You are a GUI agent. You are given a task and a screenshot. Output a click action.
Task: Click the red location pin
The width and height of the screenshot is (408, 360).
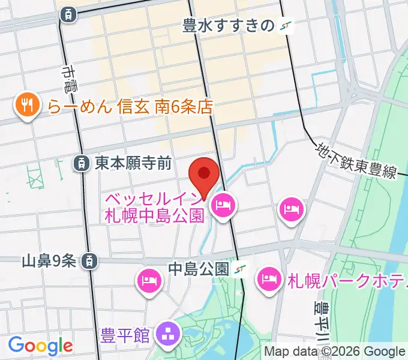[x=204, y=175]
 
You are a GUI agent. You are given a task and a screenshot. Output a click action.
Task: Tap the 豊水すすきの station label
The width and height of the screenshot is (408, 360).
[x=229, y=25]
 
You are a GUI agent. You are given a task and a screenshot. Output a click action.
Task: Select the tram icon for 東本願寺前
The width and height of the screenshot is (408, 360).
[x=80, y=162]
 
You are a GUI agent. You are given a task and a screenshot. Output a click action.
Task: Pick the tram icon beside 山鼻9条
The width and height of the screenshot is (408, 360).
[x=89, y=260]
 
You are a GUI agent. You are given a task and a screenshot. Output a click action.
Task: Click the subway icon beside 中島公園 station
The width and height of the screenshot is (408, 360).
[x=241, y=269]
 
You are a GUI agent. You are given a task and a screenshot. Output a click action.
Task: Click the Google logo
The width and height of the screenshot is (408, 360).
[x=40, y=346]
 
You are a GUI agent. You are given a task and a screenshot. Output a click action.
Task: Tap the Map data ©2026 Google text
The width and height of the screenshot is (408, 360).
[x=335, y=351]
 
